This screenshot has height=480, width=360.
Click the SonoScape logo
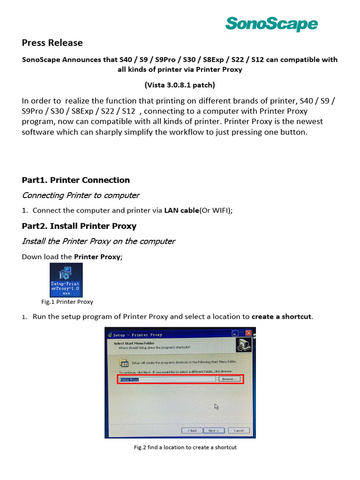pyautogui.click(x=271, y=23)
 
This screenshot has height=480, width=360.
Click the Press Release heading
pyautogui.click(x=52, y=43)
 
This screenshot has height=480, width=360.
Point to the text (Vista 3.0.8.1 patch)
pyautogui.click(x=180, y=85)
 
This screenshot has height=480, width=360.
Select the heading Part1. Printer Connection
pyautogui.click(x=75, y=180)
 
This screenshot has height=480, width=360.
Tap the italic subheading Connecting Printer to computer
pyautogui.click(x=81, y=195)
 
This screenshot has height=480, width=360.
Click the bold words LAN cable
pyautogui.click(x=181, y=210)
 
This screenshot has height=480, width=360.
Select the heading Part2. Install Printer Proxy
pyautogui.click(x=79, y=226)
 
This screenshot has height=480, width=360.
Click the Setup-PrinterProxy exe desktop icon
pyautogui.click(x=66, y=279)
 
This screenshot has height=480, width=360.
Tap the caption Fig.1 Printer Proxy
pyautogui.click(x=67, y=302)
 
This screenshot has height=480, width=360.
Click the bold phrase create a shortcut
pyautogui.click(x=281, y=316)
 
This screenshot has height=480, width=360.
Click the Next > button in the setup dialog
pyautogui.click(x=213, y=430)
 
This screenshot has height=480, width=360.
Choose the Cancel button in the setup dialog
pyautogui.click(x=238, y=430)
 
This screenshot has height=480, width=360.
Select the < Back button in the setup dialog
pyautogui.click(x=192, y=430)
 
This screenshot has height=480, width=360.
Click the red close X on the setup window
pyautogui.click(x=248, y=334)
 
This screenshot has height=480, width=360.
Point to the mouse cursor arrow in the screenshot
pyautogui.click(x=217, y=406)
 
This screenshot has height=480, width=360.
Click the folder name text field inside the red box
pyautogui.click(x=167, y=379)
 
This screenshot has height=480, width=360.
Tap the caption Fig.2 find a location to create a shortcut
pyautogui.click(x=185, y=447)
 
